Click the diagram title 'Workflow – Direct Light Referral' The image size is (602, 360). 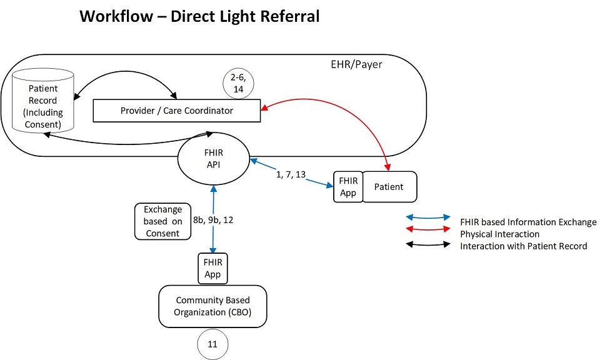click(199, 16)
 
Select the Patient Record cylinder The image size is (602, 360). click(43, 101)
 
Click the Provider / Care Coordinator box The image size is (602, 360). click(177, 111)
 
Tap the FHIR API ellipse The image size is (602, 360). click(213, 159)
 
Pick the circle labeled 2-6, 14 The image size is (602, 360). click(238, 83)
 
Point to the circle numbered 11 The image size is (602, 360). click(213, 344)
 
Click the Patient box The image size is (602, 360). click(389, 187)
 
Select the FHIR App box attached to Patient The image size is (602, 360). click(348, 187)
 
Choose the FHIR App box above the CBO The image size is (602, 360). click(213, 268)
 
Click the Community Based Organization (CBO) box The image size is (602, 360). click(213, 306)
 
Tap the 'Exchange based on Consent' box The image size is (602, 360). click(163, 221)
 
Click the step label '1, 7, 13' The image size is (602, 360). click(291, 174)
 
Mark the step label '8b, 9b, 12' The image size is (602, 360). click(213, 220)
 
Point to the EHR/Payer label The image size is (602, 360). click(356, 64)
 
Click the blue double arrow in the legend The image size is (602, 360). click(428, 218)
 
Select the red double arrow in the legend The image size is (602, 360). click(428, 230)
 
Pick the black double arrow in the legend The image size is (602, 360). click(428, 245)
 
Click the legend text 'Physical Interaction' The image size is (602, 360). click(499, 234)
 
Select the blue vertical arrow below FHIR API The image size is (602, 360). click(213, 219)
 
